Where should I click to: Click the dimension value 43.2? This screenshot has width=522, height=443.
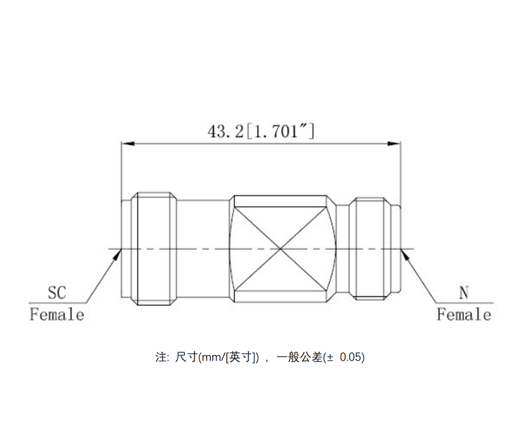click(x=225, y=131)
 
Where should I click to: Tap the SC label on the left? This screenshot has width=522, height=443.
click(x=57, y=292)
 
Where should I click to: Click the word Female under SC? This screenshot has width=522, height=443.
click(x=57, y=315)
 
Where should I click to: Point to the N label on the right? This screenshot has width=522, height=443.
click(x=464, y=292)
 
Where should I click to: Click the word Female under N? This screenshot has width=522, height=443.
click(x=464, y=315)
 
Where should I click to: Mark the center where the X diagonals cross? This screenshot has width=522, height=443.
click(x=280, y=249)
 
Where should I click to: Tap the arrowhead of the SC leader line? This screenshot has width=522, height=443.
click(x=115, y=252)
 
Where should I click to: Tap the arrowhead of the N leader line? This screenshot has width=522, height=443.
click(x=406, y=253)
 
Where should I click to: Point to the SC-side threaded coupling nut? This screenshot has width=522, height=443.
click(x=156, y=249)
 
